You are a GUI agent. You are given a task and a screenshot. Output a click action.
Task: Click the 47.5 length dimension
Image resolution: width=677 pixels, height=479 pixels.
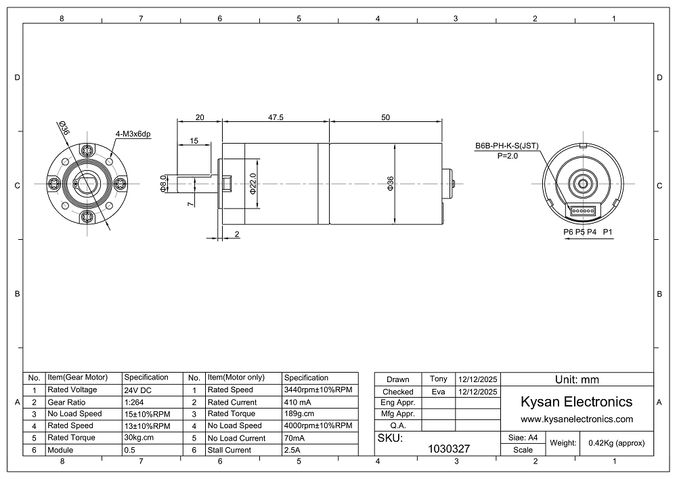pos(276,117)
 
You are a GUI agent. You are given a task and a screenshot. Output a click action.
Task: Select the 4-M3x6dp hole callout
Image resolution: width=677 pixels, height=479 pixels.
pos(133,134)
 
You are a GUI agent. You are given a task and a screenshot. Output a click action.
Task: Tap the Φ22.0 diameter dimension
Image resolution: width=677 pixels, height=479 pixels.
pos(253,184)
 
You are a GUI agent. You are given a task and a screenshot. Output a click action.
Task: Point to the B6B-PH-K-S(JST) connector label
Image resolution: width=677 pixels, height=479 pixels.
pos(507,146)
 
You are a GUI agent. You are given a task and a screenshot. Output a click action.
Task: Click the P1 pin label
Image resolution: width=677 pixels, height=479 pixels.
pos(607,232)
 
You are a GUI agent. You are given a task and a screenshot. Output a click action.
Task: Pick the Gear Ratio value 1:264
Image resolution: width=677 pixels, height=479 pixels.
pos(134,402)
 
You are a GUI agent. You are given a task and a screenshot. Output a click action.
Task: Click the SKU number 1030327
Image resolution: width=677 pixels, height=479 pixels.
pos(449,449)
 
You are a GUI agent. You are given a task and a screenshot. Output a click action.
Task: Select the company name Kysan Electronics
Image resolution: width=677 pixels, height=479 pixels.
pos(576,402)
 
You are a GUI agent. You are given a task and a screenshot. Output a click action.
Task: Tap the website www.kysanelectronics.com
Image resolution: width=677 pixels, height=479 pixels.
pos(577,419)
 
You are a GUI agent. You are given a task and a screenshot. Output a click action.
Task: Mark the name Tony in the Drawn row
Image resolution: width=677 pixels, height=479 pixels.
pos(438,379)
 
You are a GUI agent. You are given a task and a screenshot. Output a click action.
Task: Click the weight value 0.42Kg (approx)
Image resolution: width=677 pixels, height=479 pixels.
pos(617,442)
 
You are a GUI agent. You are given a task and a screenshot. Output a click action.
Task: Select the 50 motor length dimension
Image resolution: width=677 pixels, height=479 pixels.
pos(386,117)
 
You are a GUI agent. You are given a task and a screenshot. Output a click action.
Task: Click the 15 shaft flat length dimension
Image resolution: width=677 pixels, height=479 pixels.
pos(194,141)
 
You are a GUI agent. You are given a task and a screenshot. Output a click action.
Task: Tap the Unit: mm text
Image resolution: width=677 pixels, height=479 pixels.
pos(577,379)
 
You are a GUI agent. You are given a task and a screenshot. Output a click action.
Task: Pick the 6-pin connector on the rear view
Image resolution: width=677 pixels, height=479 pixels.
pos(582,211)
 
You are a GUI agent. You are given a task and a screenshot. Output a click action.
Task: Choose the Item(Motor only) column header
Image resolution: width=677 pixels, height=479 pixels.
pos(236,377)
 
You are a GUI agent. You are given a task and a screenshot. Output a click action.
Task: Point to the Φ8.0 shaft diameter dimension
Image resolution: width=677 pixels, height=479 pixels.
pos(163,184)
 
